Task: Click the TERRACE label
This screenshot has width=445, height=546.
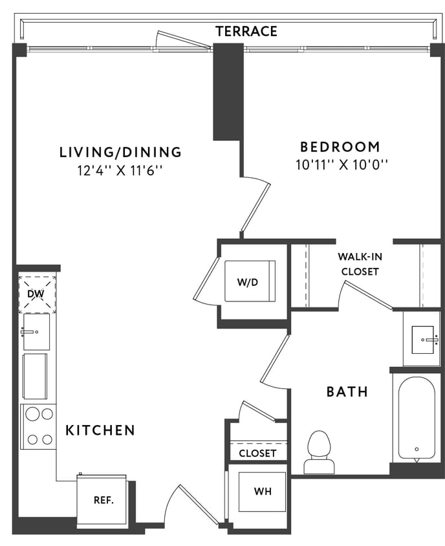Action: pyautogui.click(x=246, y=31)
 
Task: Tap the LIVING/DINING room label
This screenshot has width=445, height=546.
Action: pyautogui.click(x=120, y=153)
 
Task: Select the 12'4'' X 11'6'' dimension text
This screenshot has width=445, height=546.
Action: pyautogui.click(x=120, y=171)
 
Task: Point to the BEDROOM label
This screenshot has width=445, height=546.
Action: pyautogui.click(x=339, y=146)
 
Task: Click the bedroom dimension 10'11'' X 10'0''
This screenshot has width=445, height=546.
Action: pyautogui.click(x=341, y=165)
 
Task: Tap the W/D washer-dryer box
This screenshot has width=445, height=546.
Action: pyautogui.click(x=250, y=281)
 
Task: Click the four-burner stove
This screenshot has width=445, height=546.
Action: pyautogui.click(x=38, y=426)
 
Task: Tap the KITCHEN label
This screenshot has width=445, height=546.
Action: pyautogui.click(x=100, y=430)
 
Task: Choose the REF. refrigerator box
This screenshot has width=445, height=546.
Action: pyautogui.click(x=103, y=500)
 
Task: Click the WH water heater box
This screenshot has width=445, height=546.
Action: pyautogui.click(x=262, y=491)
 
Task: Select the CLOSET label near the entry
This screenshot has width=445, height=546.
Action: pyautogui.click(x=257, y=453)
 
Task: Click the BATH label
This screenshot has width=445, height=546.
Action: pyautogui.click(x=347, y=391)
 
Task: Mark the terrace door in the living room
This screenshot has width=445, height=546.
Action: pyautogui.click(x=182, y=41)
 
